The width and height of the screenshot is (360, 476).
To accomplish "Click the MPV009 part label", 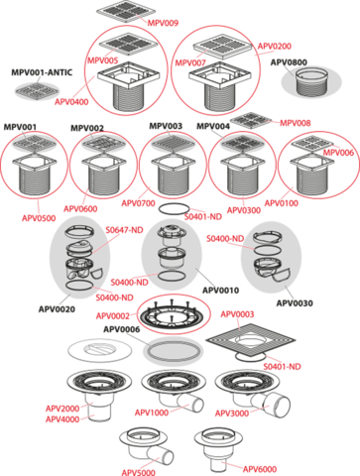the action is (163, 23).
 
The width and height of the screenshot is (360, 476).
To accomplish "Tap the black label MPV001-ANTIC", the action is (42, 72).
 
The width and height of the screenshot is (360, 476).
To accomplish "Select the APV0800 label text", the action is (289, 62).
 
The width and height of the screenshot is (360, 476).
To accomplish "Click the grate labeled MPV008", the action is (251, 120).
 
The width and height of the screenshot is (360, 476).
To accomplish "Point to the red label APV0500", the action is (39, 218).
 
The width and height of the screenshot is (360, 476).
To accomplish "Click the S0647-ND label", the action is (124, 230).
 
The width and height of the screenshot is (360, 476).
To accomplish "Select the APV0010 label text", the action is (220, 291).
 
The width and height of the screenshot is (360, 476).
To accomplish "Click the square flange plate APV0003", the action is (251, 341).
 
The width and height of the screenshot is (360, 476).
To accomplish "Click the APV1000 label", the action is (152, 413).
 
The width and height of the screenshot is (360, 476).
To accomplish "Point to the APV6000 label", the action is (260, 469).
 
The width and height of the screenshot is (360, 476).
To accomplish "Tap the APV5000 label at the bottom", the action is (138, 472).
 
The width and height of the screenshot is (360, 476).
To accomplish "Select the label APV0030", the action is (295, 302).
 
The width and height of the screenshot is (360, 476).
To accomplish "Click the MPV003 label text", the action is (166, 126).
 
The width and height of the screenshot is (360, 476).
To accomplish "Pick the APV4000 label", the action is (62, 419).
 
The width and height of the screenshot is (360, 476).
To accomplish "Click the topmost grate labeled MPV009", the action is (125, 12).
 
